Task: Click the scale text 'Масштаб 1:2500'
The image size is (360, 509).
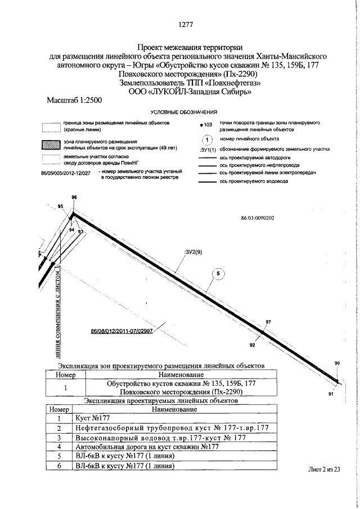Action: [75, 100]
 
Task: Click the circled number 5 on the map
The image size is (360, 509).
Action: [218, 274]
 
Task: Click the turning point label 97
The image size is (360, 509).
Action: [268, 322]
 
